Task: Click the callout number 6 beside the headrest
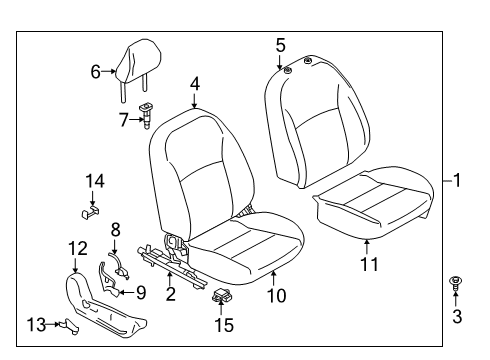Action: (96, 71)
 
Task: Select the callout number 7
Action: (123, 119)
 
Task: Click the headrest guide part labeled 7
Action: (146, 114)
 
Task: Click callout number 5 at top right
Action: (280, 44)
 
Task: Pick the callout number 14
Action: (94, 180)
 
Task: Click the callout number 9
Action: (140, 292)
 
